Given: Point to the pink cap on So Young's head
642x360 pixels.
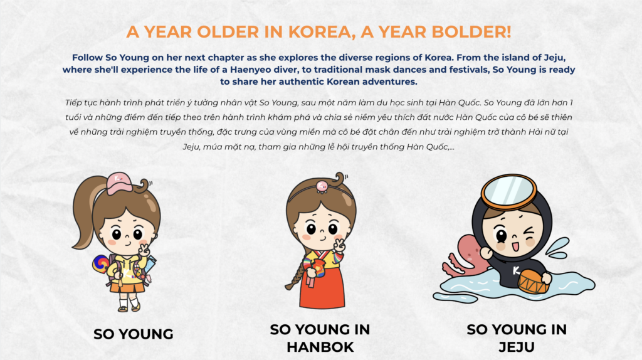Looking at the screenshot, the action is [119, 184].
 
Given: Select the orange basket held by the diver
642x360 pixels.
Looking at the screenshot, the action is [533, 282].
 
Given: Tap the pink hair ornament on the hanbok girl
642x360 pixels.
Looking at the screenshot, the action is [322, 187].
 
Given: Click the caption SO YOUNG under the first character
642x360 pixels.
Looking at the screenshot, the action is [134, 334].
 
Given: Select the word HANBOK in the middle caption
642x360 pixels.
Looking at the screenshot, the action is [320, 347].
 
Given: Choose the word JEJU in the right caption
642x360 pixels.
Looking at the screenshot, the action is [517, 347].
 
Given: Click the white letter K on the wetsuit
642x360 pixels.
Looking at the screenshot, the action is [516, 270].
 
